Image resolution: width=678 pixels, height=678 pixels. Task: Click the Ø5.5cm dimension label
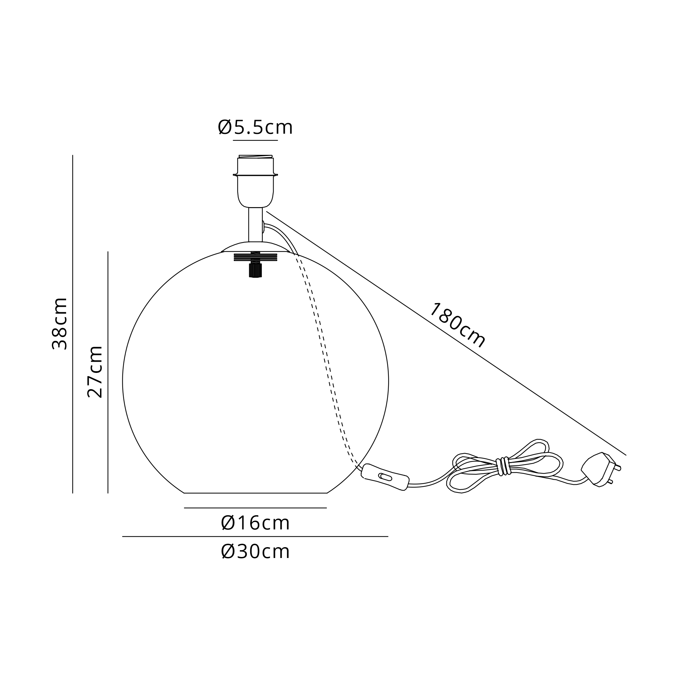(x=255, y=127)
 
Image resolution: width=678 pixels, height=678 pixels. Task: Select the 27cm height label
(x=95, y=372)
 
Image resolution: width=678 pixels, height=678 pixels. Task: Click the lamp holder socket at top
(x=255, y=182)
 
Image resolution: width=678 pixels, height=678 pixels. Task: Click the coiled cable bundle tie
(x=504, y=466)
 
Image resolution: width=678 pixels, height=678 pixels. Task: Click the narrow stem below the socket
(x=255, y=225)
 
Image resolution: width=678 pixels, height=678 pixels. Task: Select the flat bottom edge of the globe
(x=255, y=493)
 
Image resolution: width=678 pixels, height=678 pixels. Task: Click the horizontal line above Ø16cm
(x=255, y=508)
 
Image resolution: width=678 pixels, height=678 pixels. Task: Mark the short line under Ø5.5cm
(x=255, y=140)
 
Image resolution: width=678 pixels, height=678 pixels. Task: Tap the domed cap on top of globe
(x=255, y=247)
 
